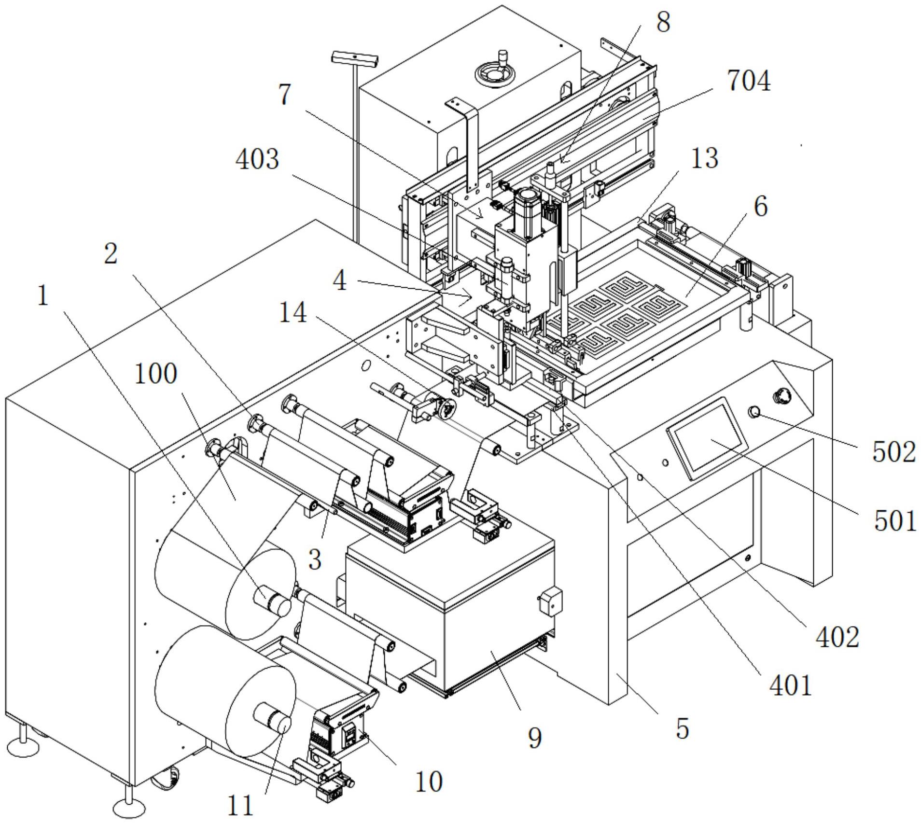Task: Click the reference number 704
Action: click(749, 81)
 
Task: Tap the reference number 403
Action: click(257, 159)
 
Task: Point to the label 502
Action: click(893, 453)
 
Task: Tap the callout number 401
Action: click(791, 698)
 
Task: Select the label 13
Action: click(704, 158)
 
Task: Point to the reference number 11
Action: click(240, 805)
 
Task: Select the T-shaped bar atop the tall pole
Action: click(354, 60)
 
